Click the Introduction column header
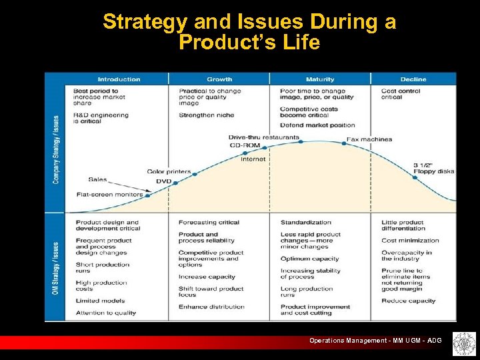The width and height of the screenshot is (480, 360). pos(119,79)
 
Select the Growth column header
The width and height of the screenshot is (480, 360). pos(219,79)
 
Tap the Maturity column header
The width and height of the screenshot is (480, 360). pos(320,79)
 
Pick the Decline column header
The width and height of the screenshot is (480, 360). pos(413,79)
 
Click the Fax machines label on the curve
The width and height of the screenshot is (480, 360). pos(369,139)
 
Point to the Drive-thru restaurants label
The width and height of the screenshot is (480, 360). pos(264,137)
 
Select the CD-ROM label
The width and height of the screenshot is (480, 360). pos(245,145)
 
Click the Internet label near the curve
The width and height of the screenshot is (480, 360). pos(253,159)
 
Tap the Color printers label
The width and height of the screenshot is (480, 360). pos(169,171)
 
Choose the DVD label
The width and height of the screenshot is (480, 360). pos(163,181)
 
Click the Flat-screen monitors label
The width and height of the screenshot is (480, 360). pos(109,195)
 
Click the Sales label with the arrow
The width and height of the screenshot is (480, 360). pos(97,179)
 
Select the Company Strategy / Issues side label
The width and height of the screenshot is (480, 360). pos(56,149)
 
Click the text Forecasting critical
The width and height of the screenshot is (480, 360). pos(209,223)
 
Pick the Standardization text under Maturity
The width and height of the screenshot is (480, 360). pos(305,223)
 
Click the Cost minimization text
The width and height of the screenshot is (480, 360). pos(410,241)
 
